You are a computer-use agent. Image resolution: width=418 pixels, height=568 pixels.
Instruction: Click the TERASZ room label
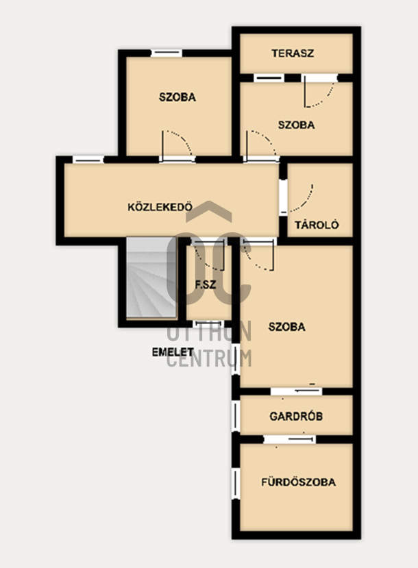click(x=293, y=53)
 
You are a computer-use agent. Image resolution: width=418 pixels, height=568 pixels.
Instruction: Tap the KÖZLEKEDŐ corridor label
click(x=160, y=207)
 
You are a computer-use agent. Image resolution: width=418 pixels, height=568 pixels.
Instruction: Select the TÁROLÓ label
click(x=317, y=225)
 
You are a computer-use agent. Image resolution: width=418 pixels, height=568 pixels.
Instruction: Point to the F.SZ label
click(x=206, y=285)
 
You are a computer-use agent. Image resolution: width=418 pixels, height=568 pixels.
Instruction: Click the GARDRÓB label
click(x=296, y=416)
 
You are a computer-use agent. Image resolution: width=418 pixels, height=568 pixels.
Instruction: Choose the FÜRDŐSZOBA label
click(x=299, y=482)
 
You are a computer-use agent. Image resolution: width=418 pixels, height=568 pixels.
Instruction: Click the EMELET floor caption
click(x=173, y=352)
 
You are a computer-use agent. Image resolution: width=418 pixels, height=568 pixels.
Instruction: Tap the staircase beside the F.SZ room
click(x=151, y=277)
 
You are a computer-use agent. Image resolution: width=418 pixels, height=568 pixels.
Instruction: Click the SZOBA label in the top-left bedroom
click(x=177, y=97)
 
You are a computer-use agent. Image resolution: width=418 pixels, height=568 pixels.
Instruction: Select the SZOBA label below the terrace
click(x=296, y=125)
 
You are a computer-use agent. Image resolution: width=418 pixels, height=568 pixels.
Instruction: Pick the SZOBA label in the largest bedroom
click(x=287, y=327)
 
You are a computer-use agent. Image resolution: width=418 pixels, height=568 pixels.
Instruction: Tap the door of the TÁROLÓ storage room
click(x=296, y=198)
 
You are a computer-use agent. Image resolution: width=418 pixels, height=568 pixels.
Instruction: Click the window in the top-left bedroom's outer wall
click(x=167, y=53)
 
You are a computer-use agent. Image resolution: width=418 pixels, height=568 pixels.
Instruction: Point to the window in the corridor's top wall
click(x=88, y=160)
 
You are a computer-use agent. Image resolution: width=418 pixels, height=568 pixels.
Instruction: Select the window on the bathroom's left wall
click(x=236, y=484)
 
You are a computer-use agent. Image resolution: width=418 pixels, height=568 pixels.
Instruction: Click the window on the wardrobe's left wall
click(x=236, y=415)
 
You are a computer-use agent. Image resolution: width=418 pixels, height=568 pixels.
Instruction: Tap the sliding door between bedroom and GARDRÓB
click(x=296, y=391)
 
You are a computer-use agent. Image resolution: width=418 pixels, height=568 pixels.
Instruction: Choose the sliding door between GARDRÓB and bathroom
click(x=289, y=439)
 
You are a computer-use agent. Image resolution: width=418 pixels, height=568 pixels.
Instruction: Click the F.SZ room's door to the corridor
click(x=209, y=254)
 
